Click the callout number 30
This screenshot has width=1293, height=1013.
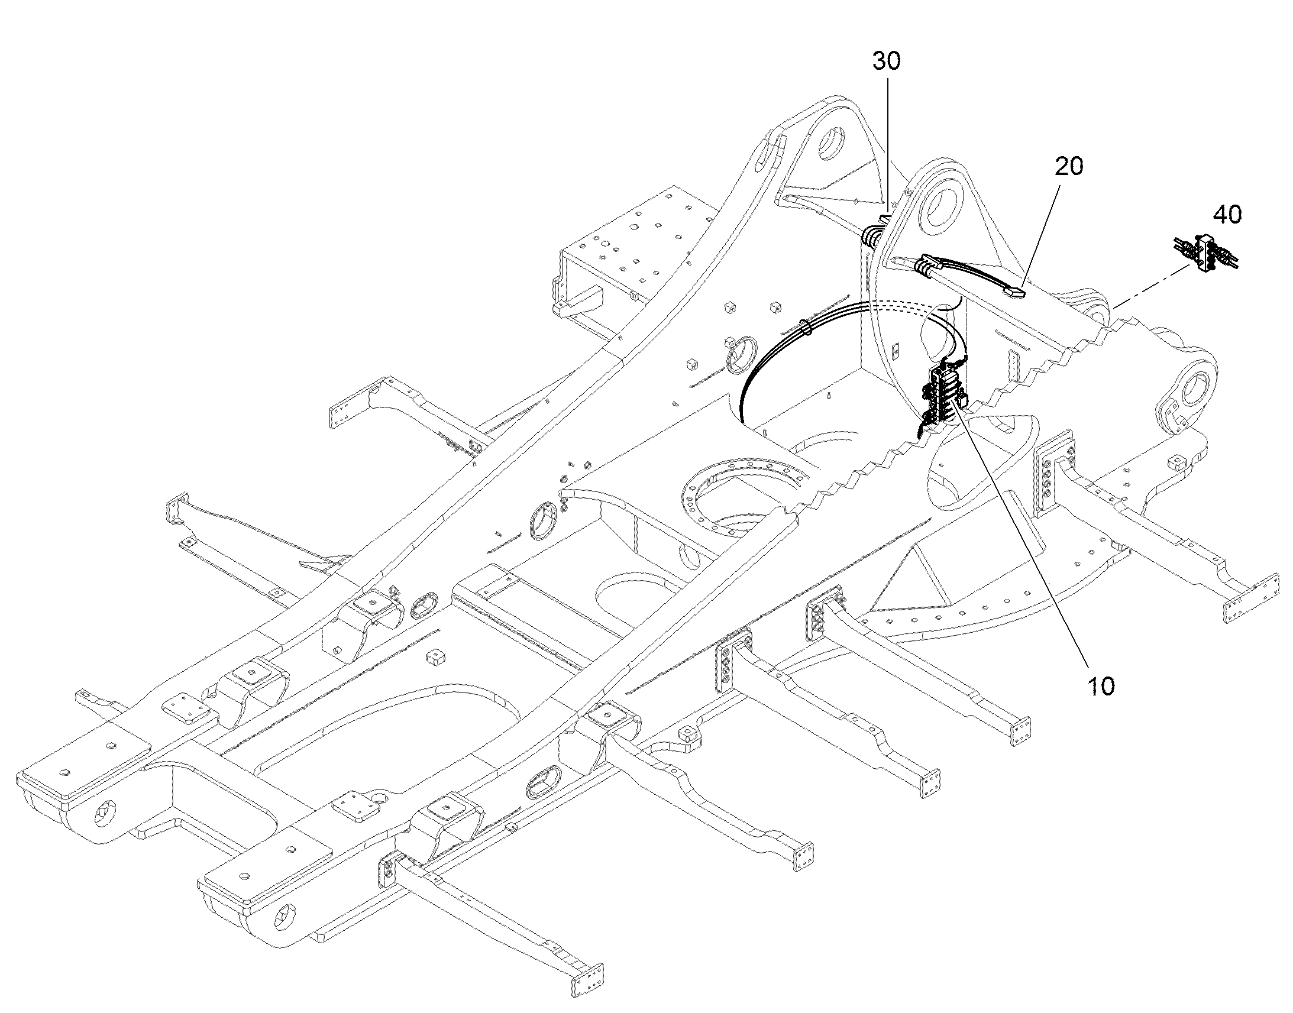(x=886, y=61)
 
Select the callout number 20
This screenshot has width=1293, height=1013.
(x=1068, y=167)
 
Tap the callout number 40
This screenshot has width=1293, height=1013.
(x=1227, y=214)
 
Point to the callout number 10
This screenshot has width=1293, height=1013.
(x=1100, y=686)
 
